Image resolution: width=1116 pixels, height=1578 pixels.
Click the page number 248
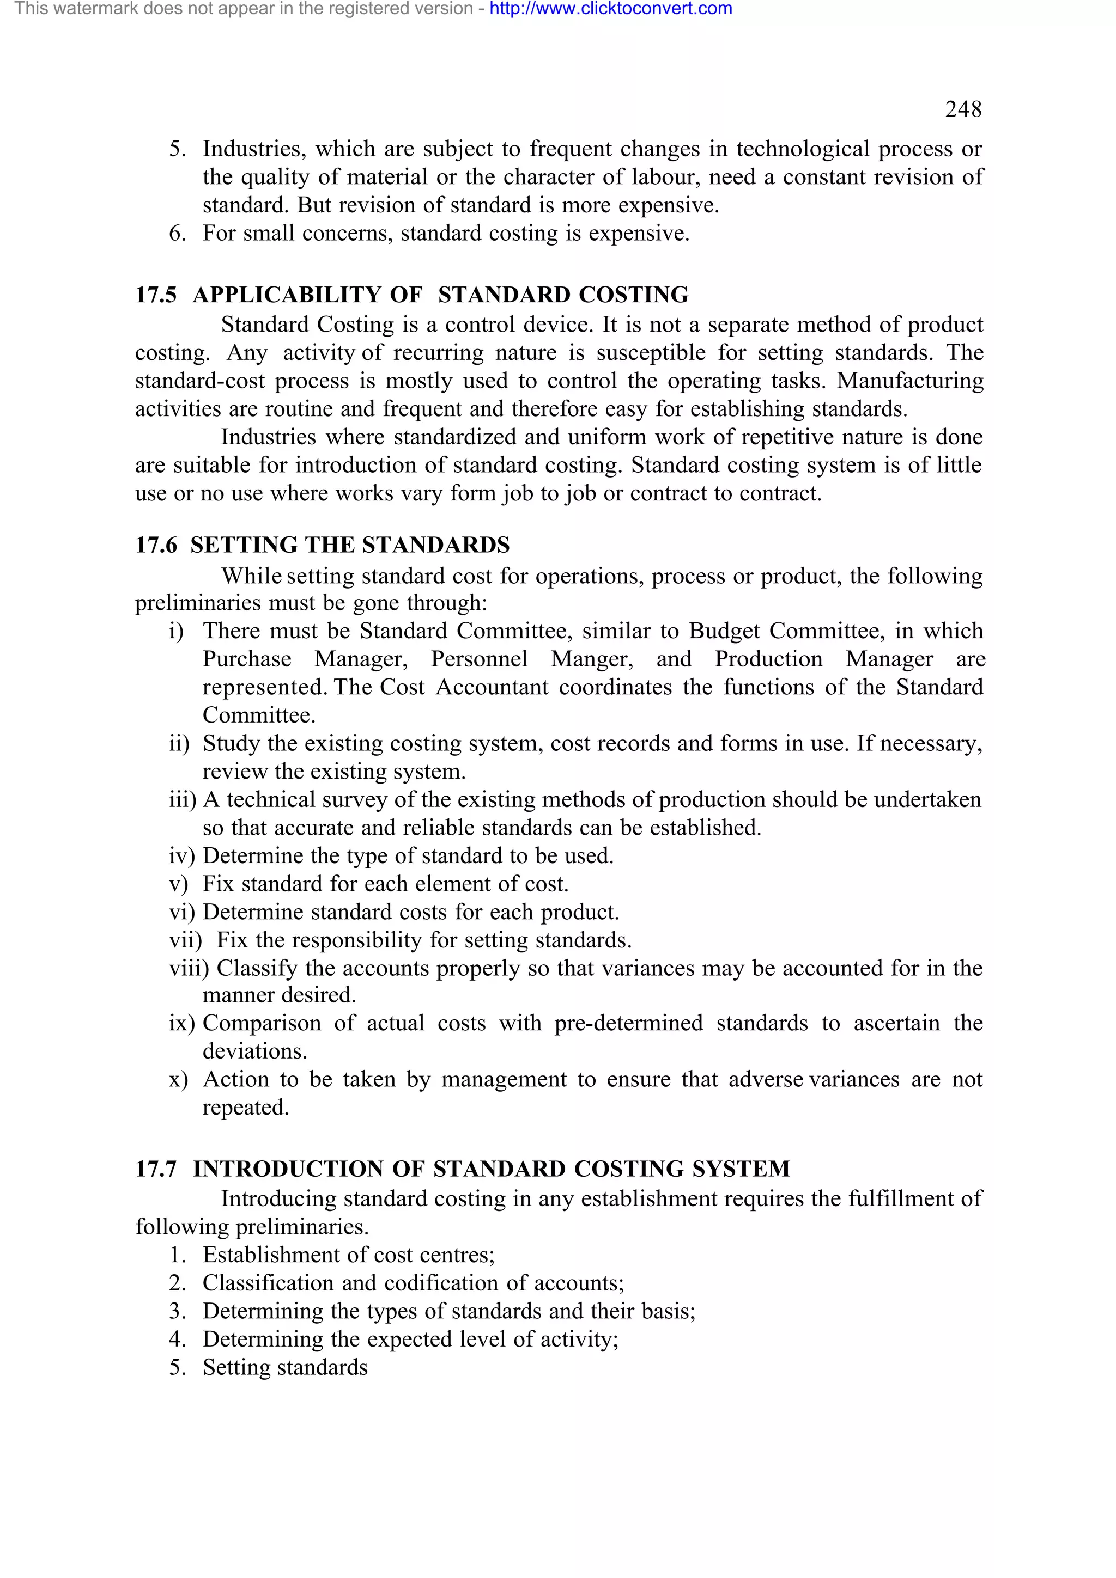pyautogui.click(x=963, y=109)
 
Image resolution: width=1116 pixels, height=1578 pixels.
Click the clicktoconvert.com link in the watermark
pyautogui.click(x=611, y=9)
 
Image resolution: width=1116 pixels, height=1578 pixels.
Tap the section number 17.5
pyautogui.click(x=155, y=295)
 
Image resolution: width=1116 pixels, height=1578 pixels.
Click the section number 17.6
pyautogui.click(x=155, y=545)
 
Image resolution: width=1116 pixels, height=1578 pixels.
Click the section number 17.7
pyautogui.click(x=155, y=1169)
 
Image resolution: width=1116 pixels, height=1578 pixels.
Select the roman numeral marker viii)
pyautogui.click(x=189, y=968)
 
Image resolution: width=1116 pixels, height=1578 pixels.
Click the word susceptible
pyautogui.click(x=651, y=353)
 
